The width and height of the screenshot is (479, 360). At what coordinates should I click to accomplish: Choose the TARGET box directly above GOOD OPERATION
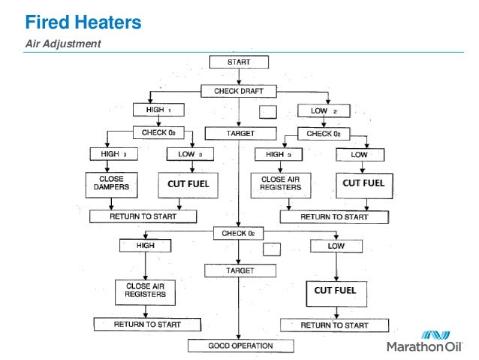click(238, 269)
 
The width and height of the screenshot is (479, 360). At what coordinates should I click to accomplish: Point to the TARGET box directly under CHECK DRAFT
click(238, 133)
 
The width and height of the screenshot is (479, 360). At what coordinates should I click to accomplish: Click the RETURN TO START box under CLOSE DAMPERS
click(143, 216)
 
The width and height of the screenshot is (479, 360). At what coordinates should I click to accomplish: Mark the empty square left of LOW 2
click(268, 112)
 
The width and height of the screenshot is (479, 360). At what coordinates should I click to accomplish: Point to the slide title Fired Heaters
click(80, 23)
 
